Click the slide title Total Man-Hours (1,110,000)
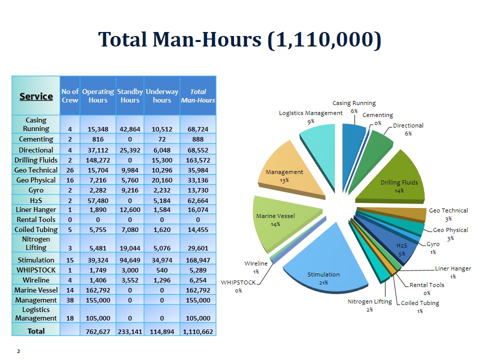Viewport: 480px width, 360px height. (x=239, y=39)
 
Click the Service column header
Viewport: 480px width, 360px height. (x=36, y=96)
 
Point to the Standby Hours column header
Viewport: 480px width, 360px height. (x=130, y=96)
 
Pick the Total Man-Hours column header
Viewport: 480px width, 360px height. (x=198, y=96)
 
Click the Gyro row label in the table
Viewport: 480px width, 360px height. (x=36, y=190)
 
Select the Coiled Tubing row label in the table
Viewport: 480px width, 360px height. (x=36, y=229)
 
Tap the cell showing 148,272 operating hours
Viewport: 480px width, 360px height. (x=98, y=160)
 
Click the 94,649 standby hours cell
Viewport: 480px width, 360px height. (x=130, y=260)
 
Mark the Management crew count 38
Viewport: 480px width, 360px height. (x=70, y=300)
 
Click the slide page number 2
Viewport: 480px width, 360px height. (x=18, y=351)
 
